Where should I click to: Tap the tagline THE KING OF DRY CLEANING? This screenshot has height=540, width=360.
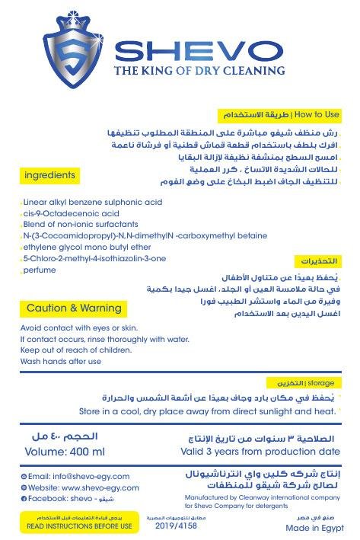(199, 72)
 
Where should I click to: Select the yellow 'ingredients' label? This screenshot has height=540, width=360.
(50, 175)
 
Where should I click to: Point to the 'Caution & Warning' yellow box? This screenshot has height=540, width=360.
(74, 308)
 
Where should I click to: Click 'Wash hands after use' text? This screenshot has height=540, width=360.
(60, 362)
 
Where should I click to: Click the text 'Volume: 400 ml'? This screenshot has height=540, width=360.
(65, 451)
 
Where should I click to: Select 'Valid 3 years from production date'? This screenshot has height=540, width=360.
(263, 451)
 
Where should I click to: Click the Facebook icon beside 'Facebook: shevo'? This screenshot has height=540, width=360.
(24, 498)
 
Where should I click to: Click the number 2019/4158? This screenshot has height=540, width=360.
(176, 526)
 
